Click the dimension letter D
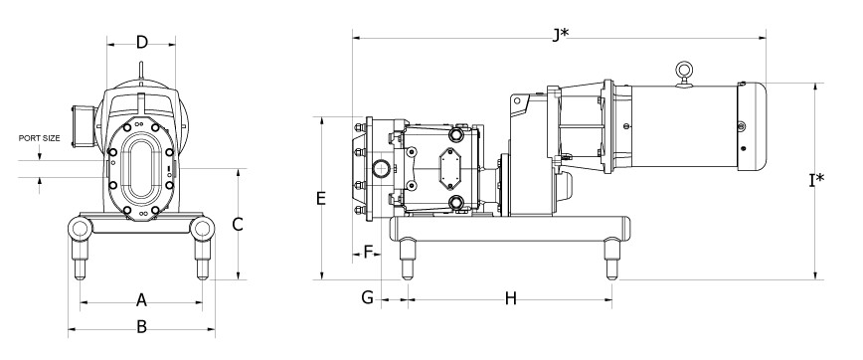(x=142, y=43)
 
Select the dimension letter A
(x=141, y=300)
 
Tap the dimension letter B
(x=141, y=326)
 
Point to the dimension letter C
(x=238, y=224)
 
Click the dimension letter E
(x=321, y=198)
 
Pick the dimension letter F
(x=369, y=253)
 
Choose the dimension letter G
(x=367, y=297)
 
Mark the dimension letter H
(x=511, y=299)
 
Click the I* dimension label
(x=817, y=179)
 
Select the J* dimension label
(x=561, y=35)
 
